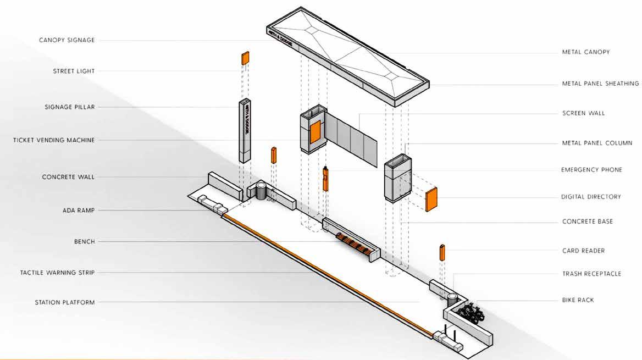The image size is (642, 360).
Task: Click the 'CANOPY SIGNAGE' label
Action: [x=67, y=40]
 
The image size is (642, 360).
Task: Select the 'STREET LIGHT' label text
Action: [x=74, y=71]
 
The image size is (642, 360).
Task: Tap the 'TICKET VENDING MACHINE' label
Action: [x=54, y=140]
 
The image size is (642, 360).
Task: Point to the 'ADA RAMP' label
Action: [x=79, y=211]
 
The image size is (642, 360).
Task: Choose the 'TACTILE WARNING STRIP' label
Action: [x=57, y=273]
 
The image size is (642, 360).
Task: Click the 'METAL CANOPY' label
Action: [x=585, y=52]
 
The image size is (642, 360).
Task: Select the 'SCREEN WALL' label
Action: [x=583, y=113]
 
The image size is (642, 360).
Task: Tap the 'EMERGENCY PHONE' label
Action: [x=591, y=170]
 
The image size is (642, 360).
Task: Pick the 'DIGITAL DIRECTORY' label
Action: [x=591, y=197]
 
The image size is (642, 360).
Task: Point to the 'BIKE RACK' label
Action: [x=578, y=300]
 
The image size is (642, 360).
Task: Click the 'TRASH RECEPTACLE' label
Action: [x=591, y=274]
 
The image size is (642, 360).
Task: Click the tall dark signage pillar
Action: [x=245, y=131]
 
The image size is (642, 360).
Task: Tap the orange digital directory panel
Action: [x=431, y=200]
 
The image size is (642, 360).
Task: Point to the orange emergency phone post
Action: [x=325, y=179]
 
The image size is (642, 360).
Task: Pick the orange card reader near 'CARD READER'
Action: [x=442, y=252]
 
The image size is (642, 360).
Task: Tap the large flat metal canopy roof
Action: [x=348, y=54]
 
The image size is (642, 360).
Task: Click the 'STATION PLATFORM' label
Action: [x=65, y=302]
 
